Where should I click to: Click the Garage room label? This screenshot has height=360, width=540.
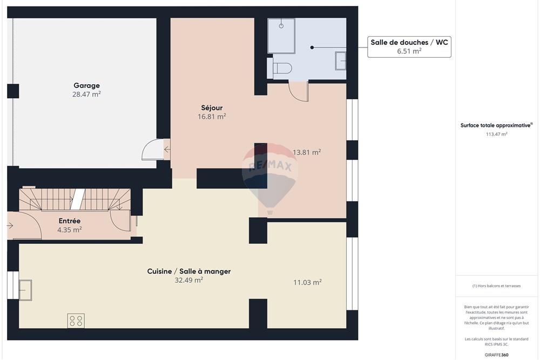(x=86, y=85)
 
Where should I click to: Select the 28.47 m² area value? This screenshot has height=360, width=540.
(x=86, y=94)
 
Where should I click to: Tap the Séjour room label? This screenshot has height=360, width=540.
(x=211, y=107)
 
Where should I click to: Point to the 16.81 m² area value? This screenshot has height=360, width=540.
(x=211, y=116)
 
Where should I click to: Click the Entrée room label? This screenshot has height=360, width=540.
(x=69, y=221)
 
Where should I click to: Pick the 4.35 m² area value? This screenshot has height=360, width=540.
(x=69, y=229)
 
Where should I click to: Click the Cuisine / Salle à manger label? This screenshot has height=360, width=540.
(x=188, y=271)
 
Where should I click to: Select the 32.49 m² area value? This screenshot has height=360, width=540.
(x=188, y=280)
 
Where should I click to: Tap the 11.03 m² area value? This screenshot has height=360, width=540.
(x=307, y=282)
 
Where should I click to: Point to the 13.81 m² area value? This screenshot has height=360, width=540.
(x=307, y=152)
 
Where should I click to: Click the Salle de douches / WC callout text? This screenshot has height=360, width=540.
(x=409, y=42)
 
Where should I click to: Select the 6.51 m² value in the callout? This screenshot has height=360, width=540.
(x=409, y=51)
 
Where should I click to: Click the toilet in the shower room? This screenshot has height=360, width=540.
(x=280, y=69)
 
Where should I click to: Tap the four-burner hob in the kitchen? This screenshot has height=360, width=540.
(x=76, y=321)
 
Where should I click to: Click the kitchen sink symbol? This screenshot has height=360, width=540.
(x=25, y=290)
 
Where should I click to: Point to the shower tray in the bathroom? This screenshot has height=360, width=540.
(x=281, y=36)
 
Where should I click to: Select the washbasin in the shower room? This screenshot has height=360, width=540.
(x=341, y=60)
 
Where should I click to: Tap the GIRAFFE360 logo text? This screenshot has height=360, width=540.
(x=497, y=355)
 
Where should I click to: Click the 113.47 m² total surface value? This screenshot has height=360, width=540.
(x=496, y=134)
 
